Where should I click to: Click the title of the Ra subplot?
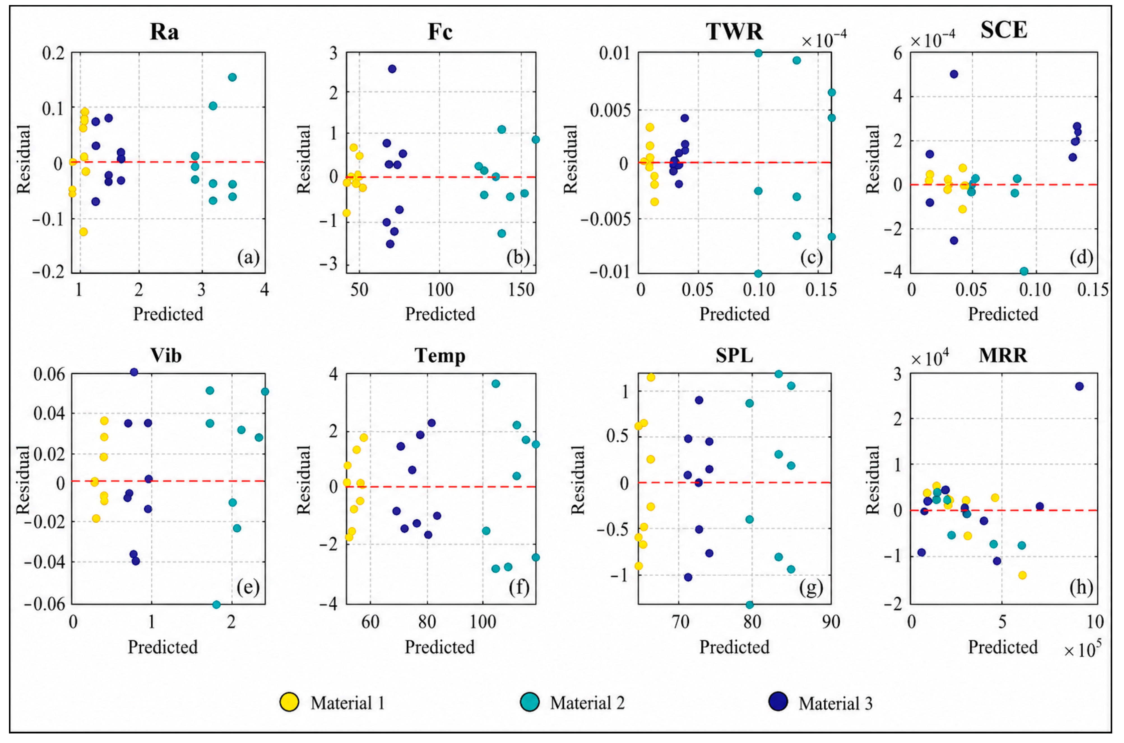(x=164, y=32)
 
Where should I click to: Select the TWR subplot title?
(x=734, y=31)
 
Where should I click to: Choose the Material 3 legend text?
(x=835, y=703)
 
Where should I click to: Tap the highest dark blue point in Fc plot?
(x=392, y=69)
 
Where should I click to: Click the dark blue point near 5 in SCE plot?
(x=954, y=74)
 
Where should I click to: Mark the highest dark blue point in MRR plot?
(x=1079, y=386)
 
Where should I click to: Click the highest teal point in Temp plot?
(x=496, y=383)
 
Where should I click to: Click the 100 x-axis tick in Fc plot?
(x=440, y=289)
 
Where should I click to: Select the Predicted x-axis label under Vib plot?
(x=163, y=647)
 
